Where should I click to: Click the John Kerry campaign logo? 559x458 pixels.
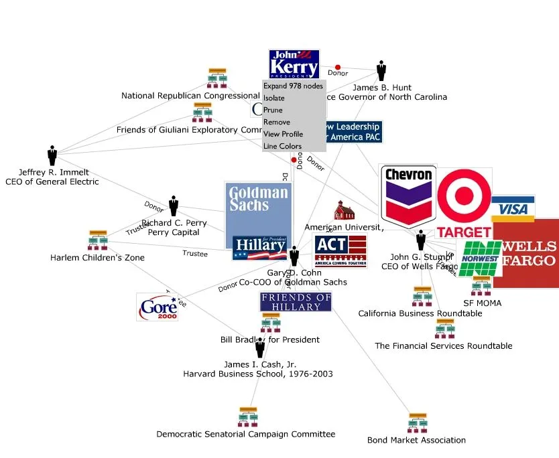[294, 64]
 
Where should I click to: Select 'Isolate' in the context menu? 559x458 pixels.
[274, 98]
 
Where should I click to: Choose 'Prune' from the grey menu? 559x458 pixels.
[273, 110]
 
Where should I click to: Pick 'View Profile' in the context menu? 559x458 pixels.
[283, 135]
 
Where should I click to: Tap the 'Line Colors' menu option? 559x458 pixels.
[282, 147]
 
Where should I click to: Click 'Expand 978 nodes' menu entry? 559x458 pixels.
[293, 86]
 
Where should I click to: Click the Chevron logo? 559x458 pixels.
[408, 196]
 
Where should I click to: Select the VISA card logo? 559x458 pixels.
[513, 208]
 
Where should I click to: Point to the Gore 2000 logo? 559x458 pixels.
[158, 307]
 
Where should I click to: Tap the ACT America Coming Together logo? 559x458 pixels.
[340, 251]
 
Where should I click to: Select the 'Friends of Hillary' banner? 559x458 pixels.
[296, 302]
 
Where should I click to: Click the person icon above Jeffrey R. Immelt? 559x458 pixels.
[52, 155]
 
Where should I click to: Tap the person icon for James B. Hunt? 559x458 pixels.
[381, 70]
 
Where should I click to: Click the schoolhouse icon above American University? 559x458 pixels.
[344, 210]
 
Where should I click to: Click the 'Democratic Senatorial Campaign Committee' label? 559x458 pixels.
[245, 435]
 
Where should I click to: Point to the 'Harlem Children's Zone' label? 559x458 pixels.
[97, 258]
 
